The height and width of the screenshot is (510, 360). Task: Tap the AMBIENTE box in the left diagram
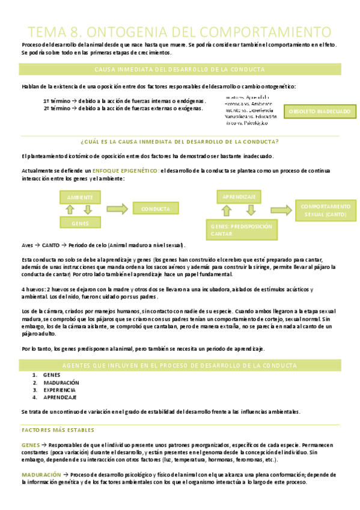pos(81,197)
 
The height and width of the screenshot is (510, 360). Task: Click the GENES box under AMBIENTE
pos(81,223)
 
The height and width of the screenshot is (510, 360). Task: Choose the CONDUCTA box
pos(155,209)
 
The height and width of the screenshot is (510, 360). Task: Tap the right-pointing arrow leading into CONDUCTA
pos(118,209)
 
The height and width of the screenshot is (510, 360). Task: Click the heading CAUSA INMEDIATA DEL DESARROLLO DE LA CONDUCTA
pos(180,70)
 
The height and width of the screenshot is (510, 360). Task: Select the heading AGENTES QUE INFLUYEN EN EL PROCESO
pos(180,365)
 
